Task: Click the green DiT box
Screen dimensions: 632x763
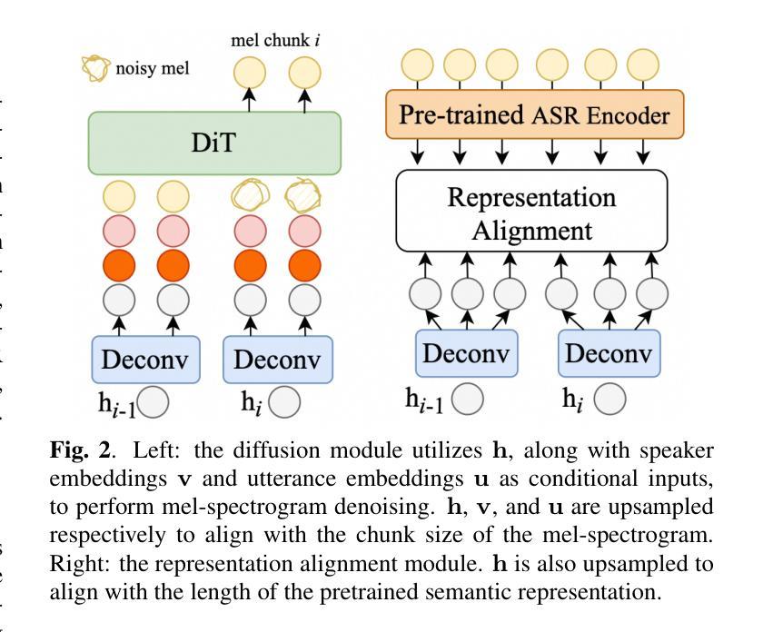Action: tap(213, 143)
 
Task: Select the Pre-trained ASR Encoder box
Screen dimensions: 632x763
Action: tap(531, 116)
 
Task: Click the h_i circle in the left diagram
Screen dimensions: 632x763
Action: tap(282, 402)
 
